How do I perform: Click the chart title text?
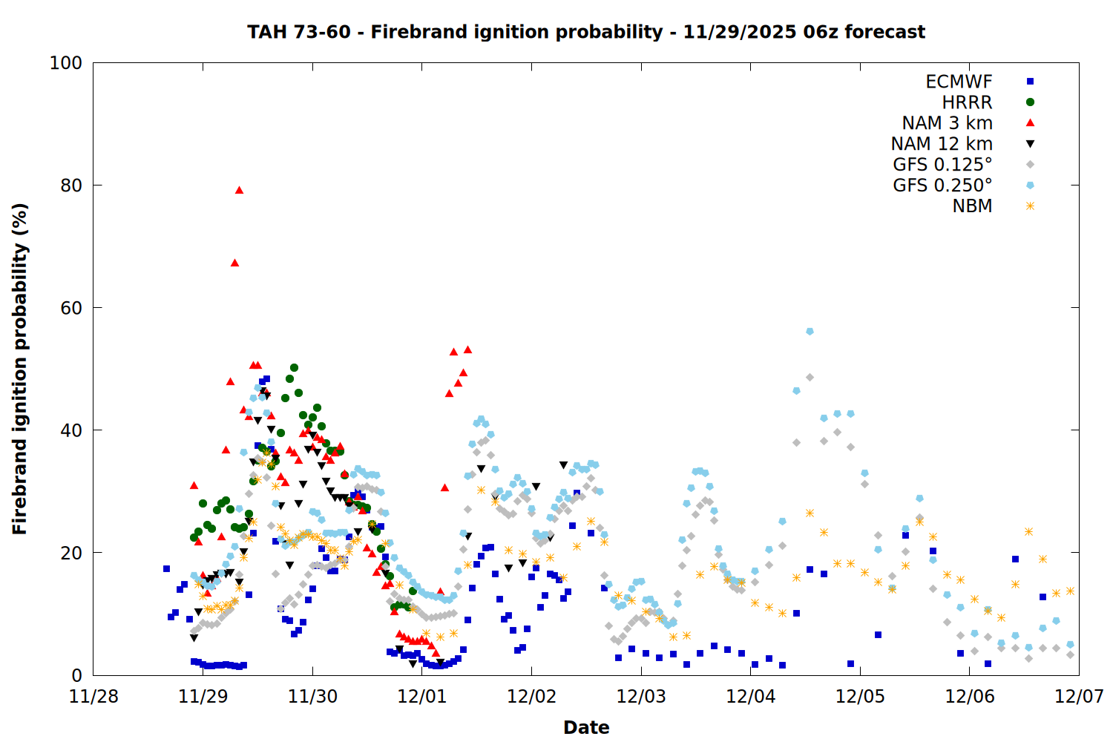(586, 32)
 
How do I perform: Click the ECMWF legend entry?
(959, 82)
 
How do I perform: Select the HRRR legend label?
(967, 102)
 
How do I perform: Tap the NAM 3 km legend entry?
(947, 123)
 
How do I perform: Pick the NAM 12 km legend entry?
(942, 144)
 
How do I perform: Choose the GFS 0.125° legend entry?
(942, 165)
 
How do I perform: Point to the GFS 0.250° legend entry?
(942, 185)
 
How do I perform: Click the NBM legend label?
(972, 206)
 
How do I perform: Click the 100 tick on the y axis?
(65, 63)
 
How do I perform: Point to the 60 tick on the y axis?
(70, 308)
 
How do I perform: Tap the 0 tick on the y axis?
(76, 675)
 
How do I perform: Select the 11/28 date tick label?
(93, 697)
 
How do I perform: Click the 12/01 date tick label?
(422, 697)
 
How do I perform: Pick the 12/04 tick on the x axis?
(751, 697)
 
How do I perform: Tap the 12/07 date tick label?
(1079, 697)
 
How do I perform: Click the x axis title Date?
(586, 727)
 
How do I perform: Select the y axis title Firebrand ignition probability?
(20, 369)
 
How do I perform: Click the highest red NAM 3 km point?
(239, 190)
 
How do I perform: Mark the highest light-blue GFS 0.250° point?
(810, 332)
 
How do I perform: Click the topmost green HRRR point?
(294, 368)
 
